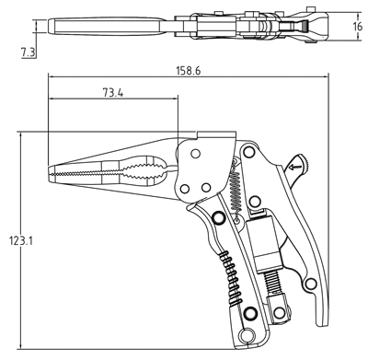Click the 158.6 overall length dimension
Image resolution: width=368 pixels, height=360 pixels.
pos(189,71)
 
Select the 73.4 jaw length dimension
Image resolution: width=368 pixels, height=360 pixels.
pos(113,92)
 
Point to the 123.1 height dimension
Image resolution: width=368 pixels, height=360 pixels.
pos(20,240)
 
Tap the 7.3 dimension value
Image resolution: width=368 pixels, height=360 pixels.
pos(28,52)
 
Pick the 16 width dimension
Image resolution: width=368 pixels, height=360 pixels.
pos(357,27)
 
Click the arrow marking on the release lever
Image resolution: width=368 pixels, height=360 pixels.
pos(295,167)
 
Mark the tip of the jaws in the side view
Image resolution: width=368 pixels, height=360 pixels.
pos(49,175)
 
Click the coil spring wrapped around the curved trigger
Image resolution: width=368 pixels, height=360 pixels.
pos(231,278)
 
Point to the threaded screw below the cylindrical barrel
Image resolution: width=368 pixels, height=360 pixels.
pos(273,283)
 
